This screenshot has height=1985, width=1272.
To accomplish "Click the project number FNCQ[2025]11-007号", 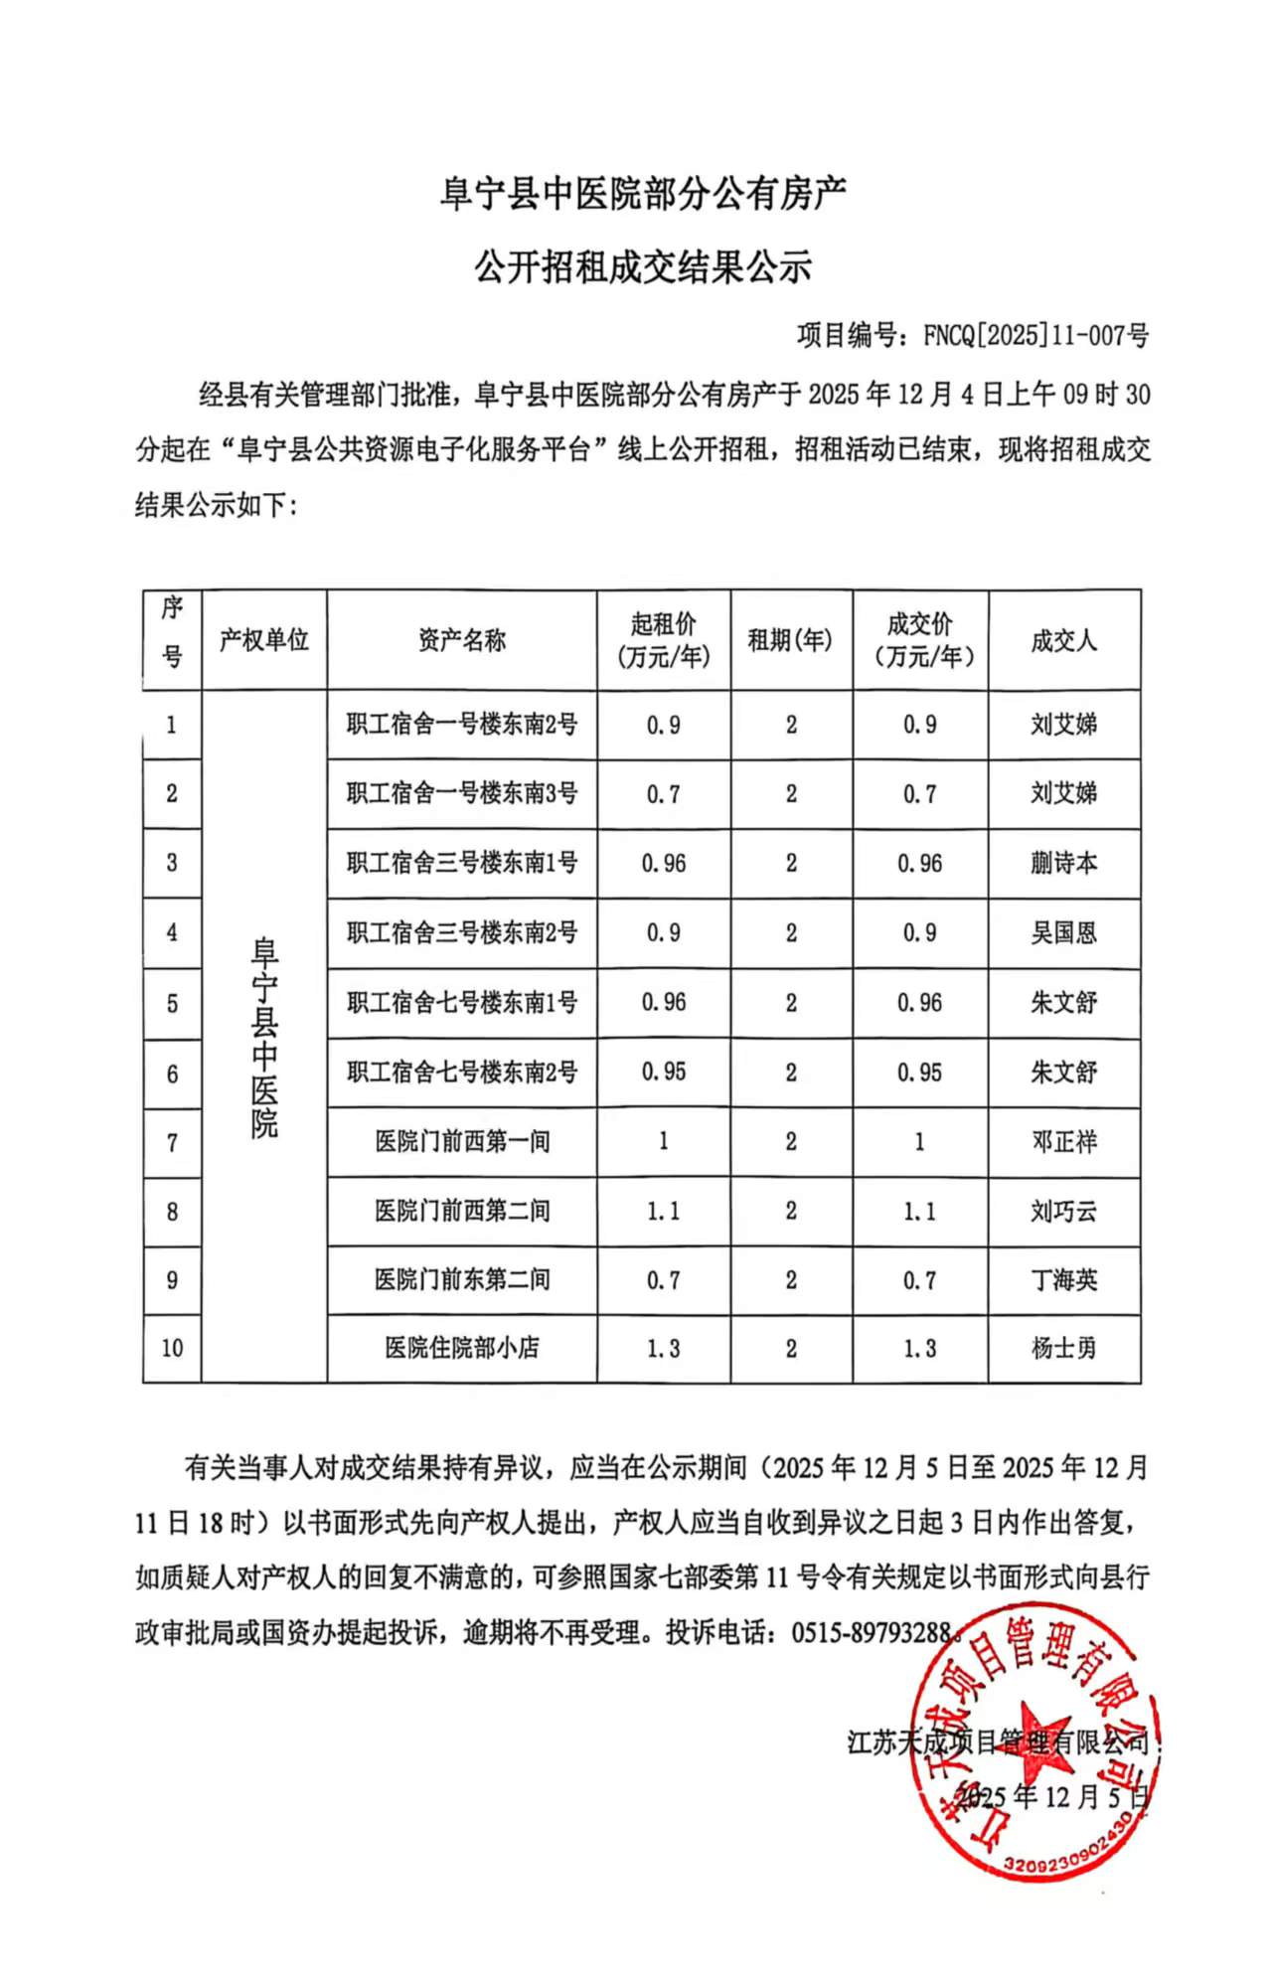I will tap(1034, 336).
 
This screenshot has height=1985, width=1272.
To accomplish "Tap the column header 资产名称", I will tap(462, 640).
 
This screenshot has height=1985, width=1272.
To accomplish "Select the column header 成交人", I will tap(1063, 640).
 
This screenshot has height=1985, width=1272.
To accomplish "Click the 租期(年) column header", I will tap(790, 640).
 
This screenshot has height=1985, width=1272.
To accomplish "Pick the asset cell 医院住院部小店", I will tap(462, 1348).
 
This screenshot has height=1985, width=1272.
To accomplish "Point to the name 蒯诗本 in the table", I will tap(1063, 863).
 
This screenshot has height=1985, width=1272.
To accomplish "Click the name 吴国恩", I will tap(1063, 932).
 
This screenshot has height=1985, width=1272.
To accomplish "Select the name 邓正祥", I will tap(1063, 1142).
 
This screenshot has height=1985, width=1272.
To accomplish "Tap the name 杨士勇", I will tap(1063, 1348).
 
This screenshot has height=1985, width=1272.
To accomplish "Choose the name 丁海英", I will tap(1063, 1280).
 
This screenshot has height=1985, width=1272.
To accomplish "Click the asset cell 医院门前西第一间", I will tap(462, 1142).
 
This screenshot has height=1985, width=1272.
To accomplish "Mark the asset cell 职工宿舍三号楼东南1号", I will tap(462, 863).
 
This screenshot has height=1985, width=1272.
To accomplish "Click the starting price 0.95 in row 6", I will tap(663, 1073).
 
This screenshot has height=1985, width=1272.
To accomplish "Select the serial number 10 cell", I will tap(172, 1348).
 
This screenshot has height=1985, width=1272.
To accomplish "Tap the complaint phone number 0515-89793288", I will tap(872, 1632).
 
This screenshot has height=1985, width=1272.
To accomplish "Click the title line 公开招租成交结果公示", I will tap(643, 266).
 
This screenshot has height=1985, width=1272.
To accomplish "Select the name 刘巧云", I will tap(1063, 1211).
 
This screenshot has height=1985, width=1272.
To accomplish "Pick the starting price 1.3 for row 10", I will tap(663, 1348).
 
